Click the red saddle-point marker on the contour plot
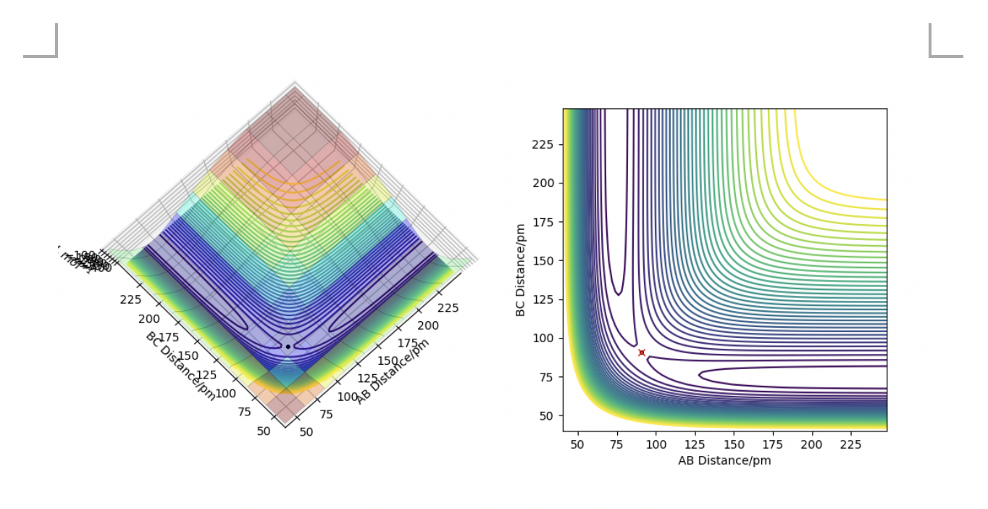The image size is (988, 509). pyautogui.click(x=642, y=353)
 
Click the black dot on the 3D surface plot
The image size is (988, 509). pyautogui.click(x=288, y=347)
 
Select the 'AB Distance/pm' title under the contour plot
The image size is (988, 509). pyautogui.click(x=724, y=460)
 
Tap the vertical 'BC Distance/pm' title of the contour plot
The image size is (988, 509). pyautogui.click(x=520, y=270)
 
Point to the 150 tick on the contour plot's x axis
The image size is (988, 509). pyautogui.click(x=734, y=444)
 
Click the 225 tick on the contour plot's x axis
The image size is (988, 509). pyautogui.click(x=850, y=444)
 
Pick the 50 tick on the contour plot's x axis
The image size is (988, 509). pyautogui.click(x=578, y=444)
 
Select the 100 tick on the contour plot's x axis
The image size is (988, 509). pyautogui.click(x=656, y=444)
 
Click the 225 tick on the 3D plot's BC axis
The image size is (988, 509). pyautogui.click(x=131, y=299)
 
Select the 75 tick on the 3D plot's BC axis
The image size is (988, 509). pyautogui.click(x=244, y=412)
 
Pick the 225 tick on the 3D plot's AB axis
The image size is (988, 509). pyautogui.click(x=448, y=307)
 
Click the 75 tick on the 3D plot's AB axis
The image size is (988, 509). pyautogui.click(x=327, y=414)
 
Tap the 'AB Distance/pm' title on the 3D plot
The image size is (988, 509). pyautogui.click(x=392, y=371)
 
